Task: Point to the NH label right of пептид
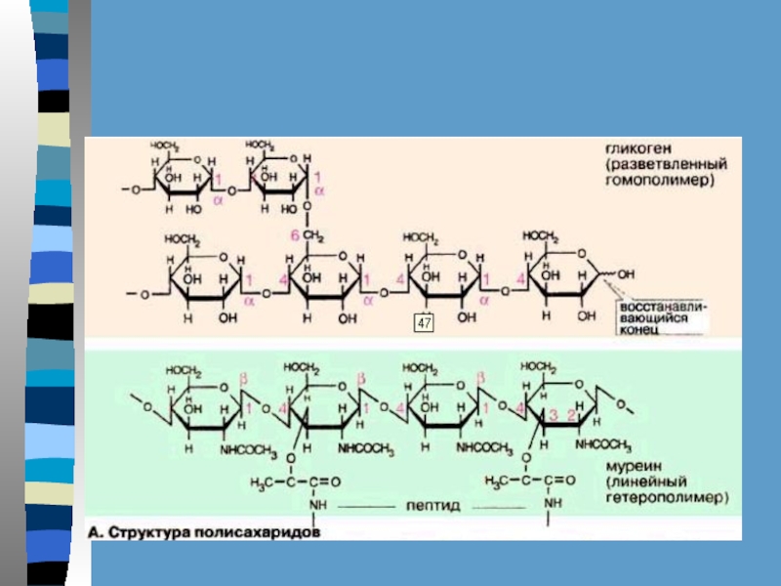tap(553, 504)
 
